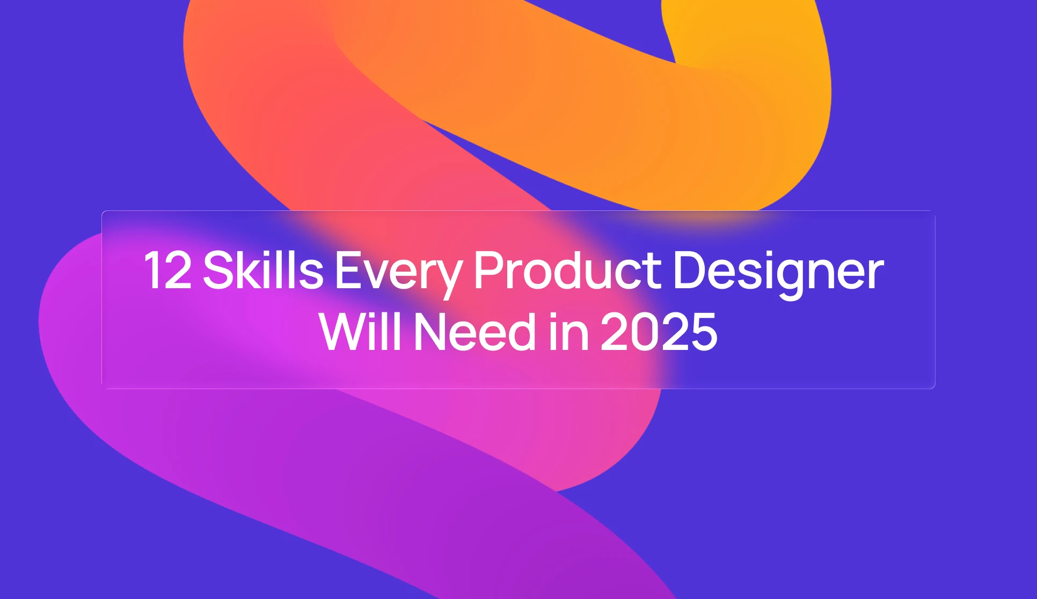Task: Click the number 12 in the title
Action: tap(167, 271)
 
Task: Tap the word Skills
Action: tap(263, 271)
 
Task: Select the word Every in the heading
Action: tap(398, 273)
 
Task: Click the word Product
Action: tap(567, 271)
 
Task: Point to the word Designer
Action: tap(778, 273)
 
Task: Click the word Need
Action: tap(475, 332)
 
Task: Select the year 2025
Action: tap(659, 332)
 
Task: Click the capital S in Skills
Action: tap(217, 271)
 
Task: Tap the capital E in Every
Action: tap(348, 271)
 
